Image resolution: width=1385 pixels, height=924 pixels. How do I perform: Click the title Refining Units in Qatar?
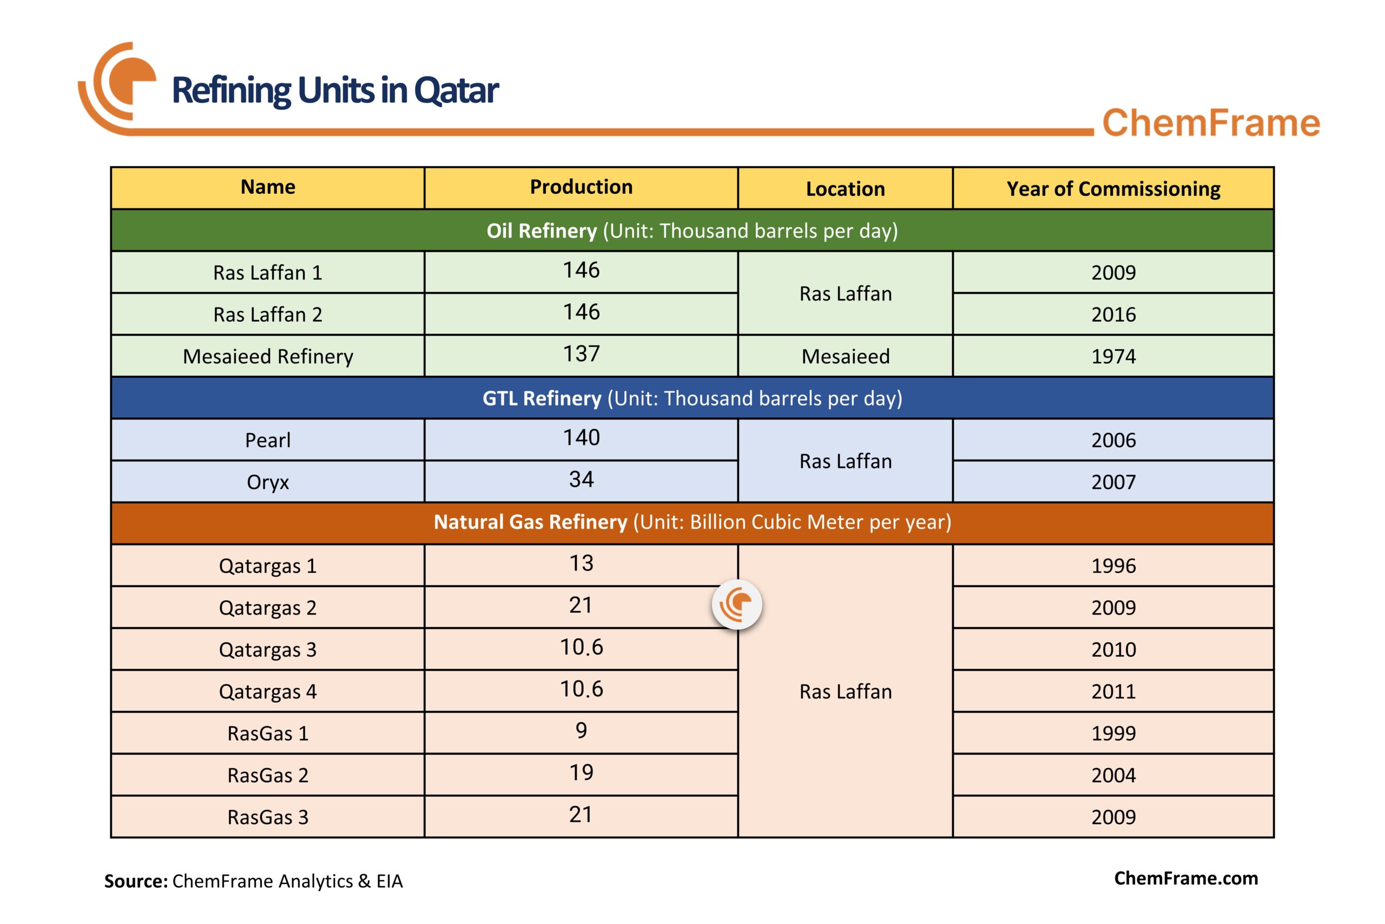tap(335, 91)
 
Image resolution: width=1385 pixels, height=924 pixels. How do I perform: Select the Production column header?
tap(581, 187)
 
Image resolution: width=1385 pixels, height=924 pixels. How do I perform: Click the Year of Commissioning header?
tap(1113, 188)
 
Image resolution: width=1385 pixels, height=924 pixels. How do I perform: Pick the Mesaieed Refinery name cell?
tap(268, 357)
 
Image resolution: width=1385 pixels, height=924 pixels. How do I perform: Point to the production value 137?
tap(581, 353)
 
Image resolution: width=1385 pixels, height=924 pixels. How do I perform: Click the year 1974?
tap(1113, 357)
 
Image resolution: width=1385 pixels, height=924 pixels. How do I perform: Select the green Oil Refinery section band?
tap(692, 231)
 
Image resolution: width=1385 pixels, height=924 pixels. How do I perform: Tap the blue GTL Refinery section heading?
tap(692, 398)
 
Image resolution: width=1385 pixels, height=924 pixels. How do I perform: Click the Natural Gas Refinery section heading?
tap(692, 522)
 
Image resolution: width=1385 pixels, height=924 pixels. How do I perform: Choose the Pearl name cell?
tap(268, 440)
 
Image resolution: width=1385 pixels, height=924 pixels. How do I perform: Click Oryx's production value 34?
tap(581, 479)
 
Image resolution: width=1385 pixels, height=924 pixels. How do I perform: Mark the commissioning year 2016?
tap(1113, 314)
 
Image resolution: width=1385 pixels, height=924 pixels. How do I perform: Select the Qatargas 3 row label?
tap(268, 650)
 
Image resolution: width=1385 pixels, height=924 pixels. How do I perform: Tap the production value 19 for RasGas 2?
tap(581, 772)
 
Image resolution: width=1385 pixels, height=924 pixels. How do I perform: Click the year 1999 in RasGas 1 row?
tap(1113, 733)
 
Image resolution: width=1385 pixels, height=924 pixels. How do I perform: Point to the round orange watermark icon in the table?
tap(737, 605)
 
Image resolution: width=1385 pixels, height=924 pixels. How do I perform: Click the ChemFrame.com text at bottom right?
tap(1185, 878)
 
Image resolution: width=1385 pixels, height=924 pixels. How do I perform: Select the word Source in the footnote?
tap(136, 881)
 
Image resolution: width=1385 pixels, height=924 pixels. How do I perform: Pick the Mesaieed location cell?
tap(845, 357)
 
